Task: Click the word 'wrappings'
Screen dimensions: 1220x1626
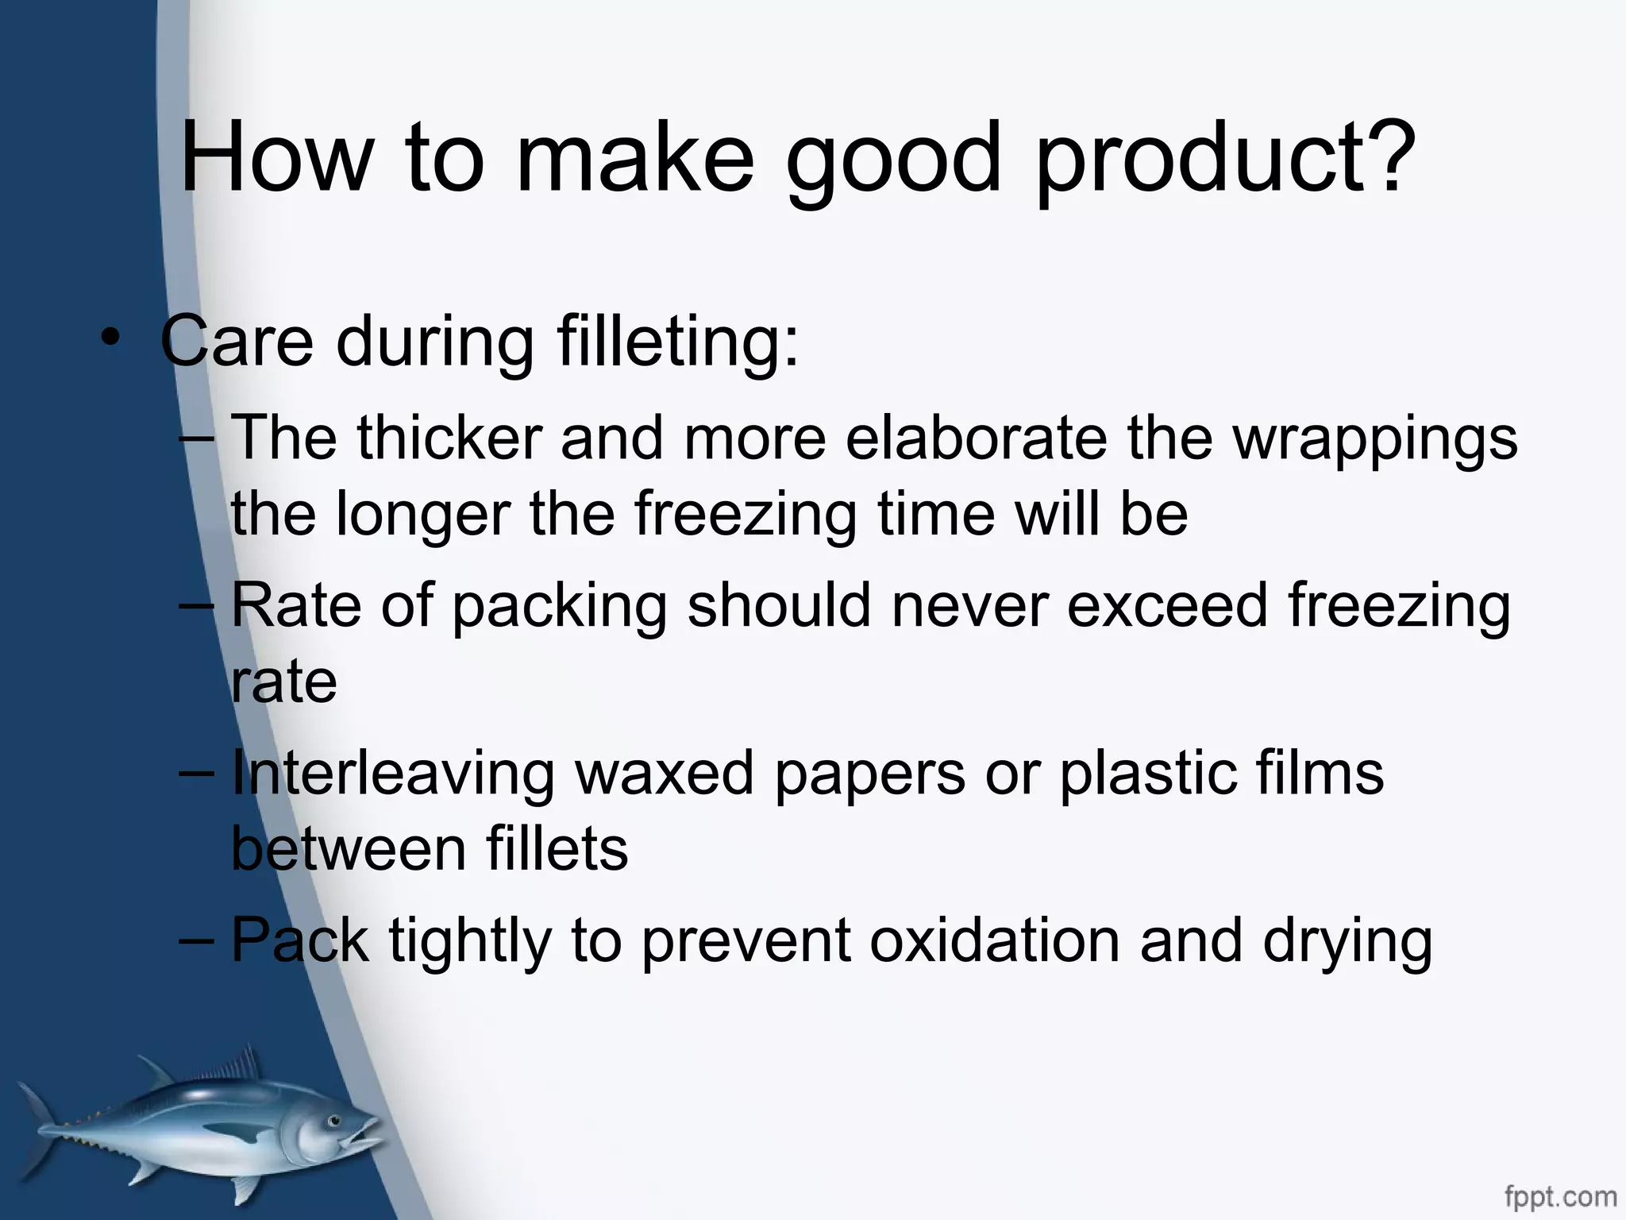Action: coord(1374,439)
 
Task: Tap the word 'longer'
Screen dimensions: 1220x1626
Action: coord(423,515)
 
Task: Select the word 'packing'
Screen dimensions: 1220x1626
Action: coord(560,606)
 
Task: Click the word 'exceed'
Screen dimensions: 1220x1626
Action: coord(1167,604)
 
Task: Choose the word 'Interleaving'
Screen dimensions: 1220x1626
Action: coord(393,774)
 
